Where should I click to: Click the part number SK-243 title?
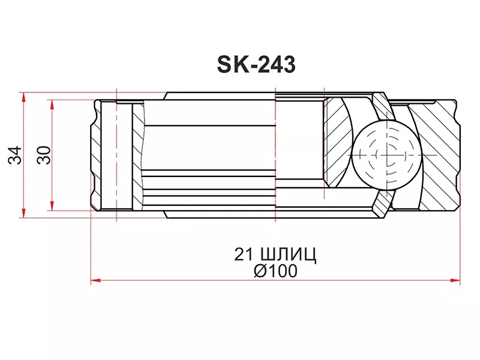click(255, 64)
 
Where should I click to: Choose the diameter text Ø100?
click(275, 271)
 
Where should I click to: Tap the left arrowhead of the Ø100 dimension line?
click(95, 279)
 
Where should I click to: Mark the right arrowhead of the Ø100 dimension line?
click(457, 279)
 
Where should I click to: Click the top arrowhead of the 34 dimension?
click(23, 96)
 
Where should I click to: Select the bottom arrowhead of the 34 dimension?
click(23, 214)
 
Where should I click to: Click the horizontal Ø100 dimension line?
click(180, 280)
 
